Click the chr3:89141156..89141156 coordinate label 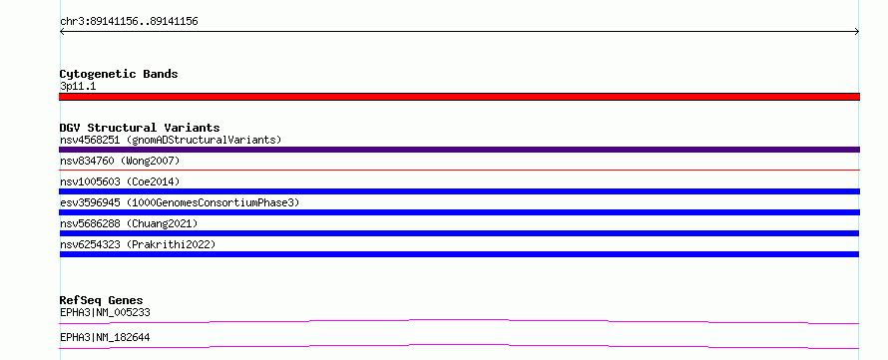tap(129, 22)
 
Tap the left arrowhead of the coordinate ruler tap(62, 32)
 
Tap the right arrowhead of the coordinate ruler tap(857, 32)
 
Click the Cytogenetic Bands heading tap(119, 74)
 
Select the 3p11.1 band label tap(78, 86)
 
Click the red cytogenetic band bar tap(459, 97)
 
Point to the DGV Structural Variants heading tap(140, 128)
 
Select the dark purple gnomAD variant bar tap(459, 150)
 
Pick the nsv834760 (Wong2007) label tap(120, 161)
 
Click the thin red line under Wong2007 tap(459, 170)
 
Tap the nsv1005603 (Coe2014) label tap(120, 181)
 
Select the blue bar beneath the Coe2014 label tap(459, 191)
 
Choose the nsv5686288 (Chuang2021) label tap(129, 223)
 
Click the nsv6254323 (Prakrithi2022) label tap(138, 244)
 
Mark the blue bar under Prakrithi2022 tap(459, 254)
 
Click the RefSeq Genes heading tap(102, 300)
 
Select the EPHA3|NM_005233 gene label tap(105, 312)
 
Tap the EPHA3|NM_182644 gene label tap(105, 337)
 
